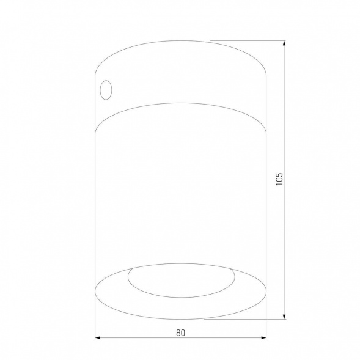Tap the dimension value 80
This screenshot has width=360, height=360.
tap(180, 333)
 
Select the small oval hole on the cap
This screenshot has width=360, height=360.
tap(106, 89)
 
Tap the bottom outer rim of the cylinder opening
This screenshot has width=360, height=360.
tap(182, 318)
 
